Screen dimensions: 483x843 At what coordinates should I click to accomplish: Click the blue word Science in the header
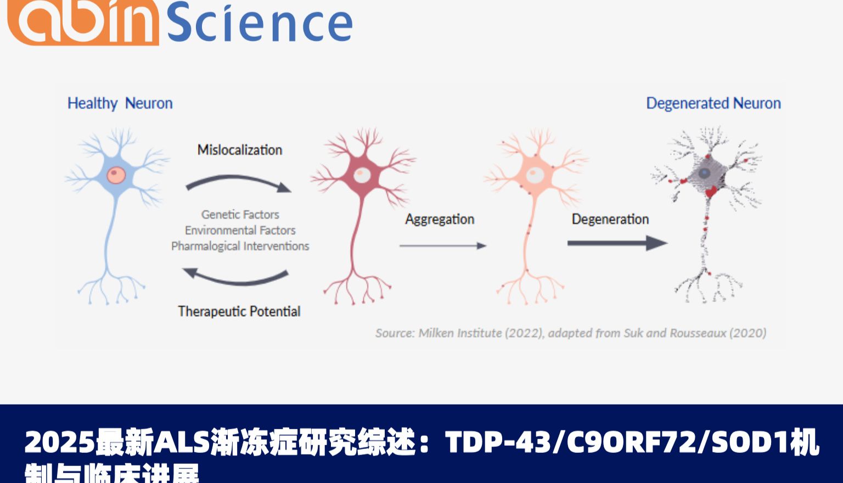[259, 23]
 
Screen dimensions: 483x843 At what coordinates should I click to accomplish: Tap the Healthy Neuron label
[120, 103]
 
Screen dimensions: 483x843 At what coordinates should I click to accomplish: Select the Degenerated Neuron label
[713, 103]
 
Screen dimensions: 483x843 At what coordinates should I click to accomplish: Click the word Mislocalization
[239, 150]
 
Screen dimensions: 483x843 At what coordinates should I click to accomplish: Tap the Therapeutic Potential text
[239, 311]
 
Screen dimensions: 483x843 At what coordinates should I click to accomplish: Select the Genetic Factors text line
[240, 215]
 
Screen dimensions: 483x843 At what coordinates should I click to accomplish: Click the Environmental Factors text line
[240, 230]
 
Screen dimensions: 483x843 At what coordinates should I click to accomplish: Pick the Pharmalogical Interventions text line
[240, 246]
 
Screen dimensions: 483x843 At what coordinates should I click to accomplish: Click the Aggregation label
[440, 219]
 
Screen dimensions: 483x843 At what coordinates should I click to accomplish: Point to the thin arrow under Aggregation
[442, 246]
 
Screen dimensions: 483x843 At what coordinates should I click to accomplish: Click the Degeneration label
[610, 219]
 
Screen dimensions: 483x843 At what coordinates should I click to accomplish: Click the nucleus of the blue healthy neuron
[116, 175]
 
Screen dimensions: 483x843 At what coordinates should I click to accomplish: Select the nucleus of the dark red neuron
[361, 175]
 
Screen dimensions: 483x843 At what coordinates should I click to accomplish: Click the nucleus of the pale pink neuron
[535, 175]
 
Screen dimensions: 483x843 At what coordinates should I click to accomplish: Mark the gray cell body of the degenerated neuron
[704, 174]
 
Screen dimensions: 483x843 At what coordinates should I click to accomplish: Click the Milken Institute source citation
[571, 333]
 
